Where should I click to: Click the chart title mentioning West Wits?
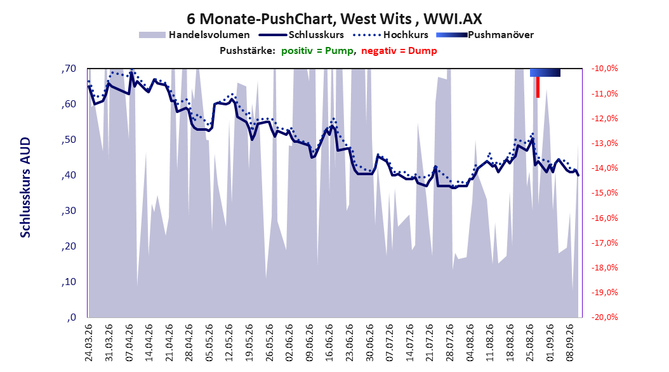[334, 19]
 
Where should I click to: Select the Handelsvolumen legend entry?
[194, 35]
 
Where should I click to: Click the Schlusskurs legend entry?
[301, 35]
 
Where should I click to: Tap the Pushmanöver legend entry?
[485, 35]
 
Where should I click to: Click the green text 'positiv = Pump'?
[317, 51]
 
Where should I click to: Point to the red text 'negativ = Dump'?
[399, 51]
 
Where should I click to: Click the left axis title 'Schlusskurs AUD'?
[25, 187]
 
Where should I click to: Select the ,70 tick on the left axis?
[69, 69]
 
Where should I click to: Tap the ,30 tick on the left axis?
[69, 211]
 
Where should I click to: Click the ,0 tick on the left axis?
[72, 317]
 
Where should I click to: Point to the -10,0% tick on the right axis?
[604, 69]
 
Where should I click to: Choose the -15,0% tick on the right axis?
[604, 193]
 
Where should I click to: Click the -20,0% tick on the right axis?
[604, 317]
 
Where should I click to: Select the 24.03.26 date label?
[89, 343]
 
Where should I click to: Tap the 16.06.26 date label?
[329, 343]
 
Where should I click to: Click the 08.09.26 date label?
[570, 343]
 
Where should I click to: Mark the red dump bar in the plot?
[538, 87]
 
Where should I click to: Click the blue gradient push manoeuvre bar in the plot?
[545, 72]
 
